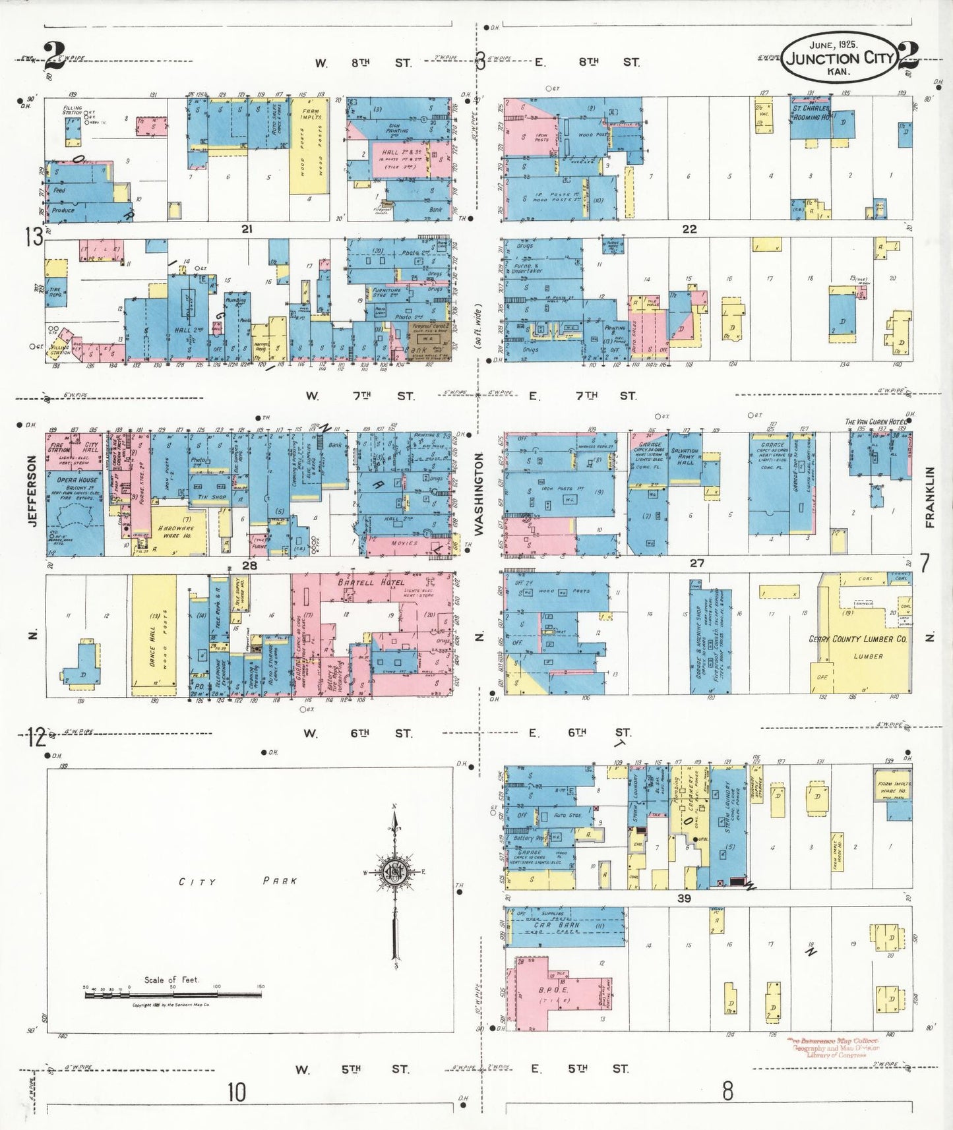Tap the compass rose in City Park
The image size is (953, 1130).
394,872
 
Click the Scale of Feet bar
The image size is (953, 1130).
173,994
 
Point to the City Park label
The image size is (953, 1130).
238,881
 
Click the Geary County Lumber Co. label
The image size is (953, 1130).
857,639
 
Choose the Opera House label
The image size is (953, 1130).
77,480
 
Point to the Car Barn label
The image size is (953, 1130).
557,925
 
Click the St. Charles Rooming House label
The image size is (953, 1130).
811,113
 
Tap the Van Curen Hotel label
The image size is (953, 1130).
875,421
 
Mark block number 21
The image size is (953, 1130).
247,229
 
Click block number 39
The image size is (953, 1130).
684,897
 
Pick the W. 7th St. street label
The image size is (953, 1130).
359,396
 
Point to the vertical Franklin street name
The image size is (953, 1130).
929,497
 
